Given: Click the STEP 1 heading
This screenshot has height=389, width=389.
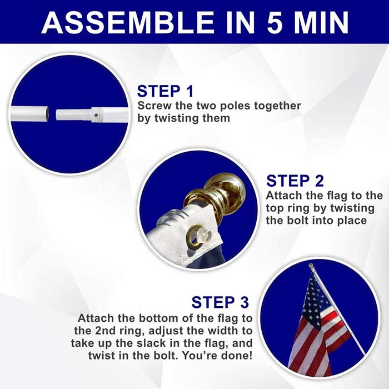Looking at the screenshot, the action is coord(165,91).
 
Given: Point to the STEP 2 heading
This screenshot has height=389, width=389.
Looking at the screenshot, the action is coord(295,181).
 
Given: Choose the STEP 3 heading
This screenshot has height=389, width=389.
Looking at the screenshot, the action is coord(220,302).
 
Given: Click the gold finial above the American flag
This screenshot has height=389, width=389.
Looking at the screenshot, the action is coord(311,267).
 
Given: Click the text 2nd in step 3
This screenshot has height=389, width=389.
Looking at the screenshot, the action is coord(105,331).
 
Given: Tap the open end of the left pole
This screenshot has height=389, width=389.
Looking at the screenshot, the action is coord(47,113).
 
